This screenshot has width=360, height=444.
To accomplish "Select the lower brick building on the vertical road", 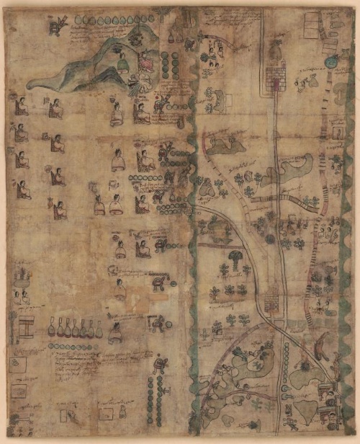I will (273, 300).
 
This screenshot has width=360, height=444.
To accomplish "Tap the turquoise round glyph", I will (331, 62).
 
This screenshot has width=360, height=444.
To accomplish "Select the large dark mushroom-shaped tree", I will (235, 257).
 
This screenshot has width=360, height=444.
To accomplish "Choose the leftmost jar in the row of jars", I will (52, 329).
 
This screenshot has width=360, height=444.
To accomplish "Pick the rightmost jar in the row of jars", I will (99, 329).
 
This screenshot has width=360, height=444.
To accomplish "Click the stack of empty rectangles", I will (312, 26).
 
